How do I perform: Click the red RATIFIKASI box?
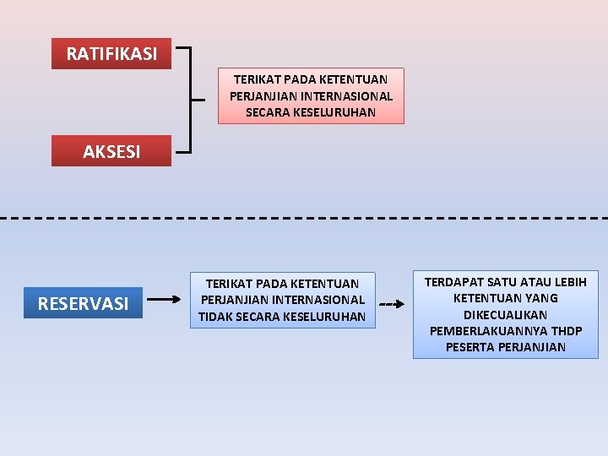[111, 54]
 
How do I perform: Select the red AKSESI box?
[111, 152]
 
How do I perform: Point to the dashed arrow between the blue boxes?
[390, 303]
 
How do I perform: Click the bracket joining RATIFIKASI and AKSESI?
[193, 100]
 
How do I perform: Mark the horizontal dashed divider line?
[304, 218]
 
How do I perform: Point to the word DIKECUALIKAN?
[505, 314]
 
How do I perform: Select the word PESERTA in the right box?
[470, 347]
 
